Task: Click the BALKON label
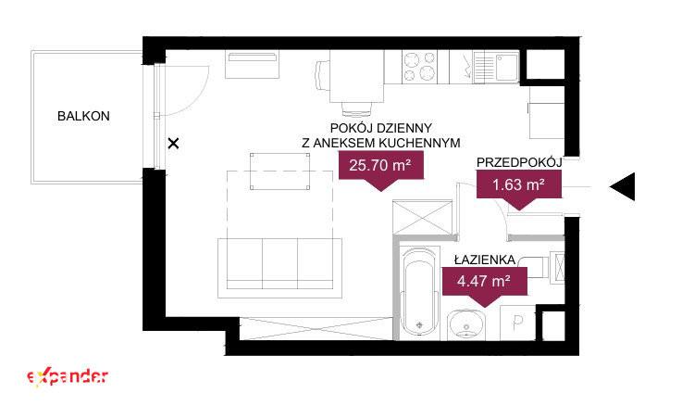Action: click(x=83, y=116)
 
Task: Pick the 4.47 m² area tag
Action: click(x=484, y=282)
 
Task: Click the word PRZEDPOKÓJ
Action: click(x=519, y=162)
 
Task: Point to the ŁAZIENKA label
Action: click(x=485, y=260)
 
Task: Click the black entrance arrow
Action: click(x=623, y=186)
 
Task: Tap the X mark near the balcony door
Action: click(x=174, y=144)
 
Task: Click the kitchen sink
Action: click(x=496, y=67)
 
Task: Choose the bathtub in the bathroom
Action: click(x=419, y=293)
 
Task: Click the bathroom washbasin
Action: click(x=466, y=324)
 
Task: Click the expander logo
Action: click(x=68, y=377)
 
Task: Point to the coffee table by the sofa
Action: click(x=280, y=171)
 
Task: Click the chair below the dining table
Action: click(x=356, y=108)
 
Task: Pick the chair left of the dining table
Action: click(x=322, y=75)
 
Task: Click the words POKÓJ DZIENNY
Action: click(x=381, y=128)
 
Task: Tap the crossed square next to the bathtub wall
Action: click(x=422, y=217)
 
